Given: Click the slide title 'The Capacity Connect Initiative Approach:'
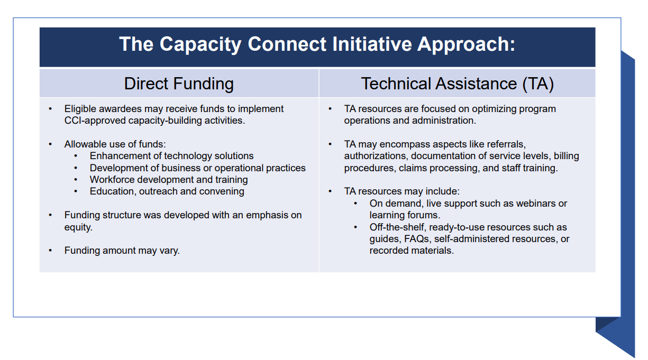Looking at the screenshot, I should [x=317, y=44].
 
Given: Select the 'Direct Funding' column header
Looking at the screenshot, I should [x=179, y=84].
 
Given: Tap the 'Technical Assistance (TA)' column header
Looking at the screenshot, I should [x=457, y=84].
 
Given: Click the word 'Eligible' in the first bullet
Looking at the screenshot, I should [x=80, y=109].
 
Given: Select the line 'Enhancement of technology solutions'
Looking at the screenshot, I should [x=171, y=156].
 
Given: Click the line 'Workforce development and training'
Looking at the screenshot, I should [x=168, y=180].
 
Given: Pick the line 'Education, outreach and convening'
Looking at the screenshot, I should [x=167, y=191].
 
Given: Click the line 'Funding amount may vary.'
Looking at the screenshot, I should [x=122, y=251].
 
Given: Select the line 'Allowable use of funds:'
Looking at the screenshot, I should [x=115, y=144].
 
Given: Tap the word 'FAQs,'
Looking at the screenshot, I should [x=417, y=239].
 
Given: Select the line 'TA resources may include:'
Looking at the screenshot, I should [x=401, y=191].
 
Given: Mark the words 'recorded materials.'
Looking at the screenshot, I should [x=412, y=251].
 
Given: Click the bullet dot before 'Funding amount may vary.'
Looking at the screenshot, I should [x=50, y=251].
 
